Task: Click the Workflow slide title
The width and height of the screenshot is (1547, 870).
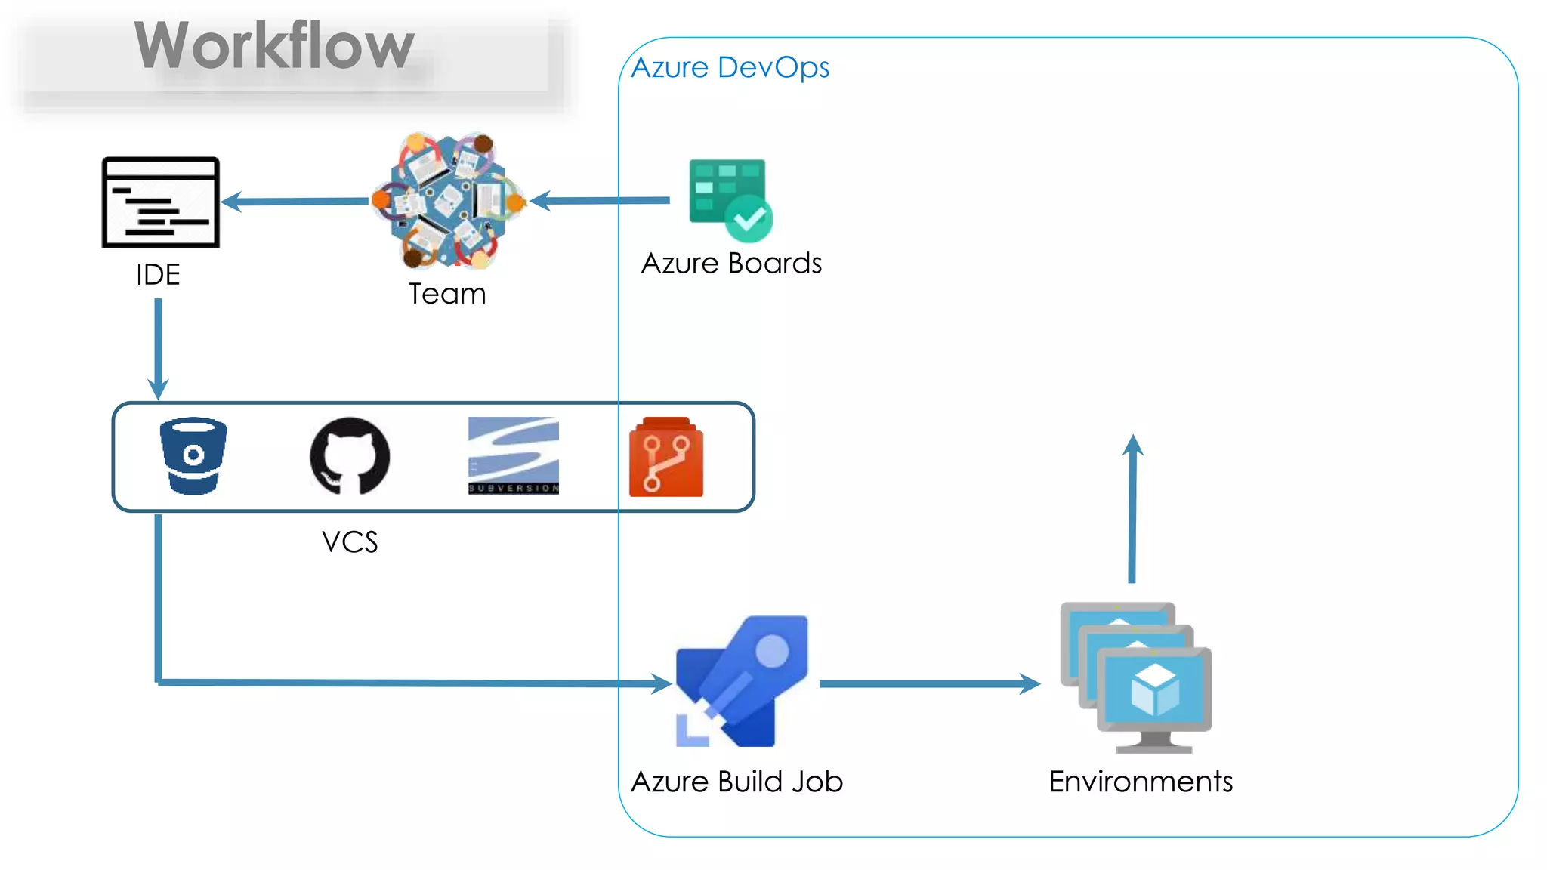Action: pos(274,47)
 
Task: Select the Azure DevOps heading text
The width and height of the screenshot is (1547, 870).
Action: pos(730,68)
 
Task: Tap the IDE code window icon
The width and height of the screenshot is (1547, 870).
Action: pos(161,202)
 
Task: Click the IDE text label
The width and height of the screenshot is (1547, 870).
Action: pos(158,275)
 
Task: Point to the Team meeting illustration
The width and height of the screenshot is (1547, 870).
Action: pos(449,201)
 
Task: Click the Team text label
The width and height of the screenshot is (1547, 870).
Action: pos(447,294)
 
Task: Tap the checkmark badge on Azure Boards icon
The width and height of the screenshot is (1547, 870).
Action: pos(749,219)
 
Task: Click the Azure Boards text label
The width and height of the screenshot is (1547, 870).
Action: pos(731,264)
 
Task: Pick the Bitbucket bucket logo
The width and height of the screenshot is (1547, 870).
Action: pos(193,456)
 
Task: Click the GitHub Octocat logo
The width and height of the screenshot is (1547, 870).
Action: pos(350,456)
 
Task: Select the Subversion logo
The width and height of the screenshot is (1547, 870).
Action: pos(514,456)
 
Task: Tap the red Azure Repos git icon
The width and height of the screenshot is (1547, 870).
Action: pos(665,458)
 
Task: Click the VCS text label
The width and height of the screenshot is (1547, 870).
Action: pos(350,542)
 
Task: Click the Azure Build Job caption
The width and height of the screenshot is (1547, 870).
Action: pos(736,782)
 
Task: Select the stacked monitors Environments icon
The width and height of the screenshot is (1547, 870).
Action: pos(1136,677)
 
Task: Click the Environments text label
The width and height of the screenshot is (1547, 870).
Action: pos(1141,782)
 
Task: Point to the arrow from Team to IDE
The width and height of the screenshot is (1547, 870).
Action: pos(298,202)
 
